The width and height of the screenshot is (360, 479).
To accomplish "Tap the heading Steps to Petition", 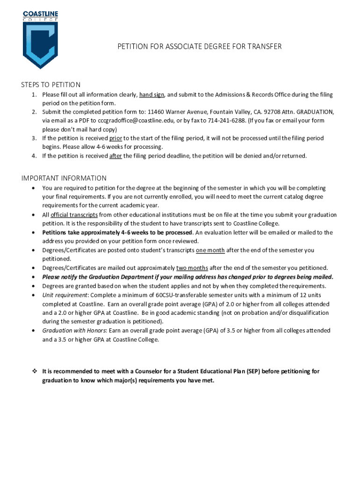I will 50,85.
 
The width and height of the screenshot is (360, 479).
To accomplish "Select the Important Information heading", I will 64,178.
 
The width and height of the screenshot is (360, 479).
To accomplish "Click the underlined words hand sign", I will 151,94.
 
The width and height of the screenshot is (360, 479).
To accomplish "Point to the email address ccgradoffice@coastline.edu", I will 128,121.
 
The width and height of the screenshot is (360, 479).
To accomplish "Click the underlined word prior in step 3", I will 115,138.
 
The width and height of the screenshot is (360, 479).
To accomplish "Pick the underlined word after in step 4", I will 115,156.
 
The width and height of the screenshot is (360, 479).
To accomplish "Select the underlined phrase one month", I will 210,250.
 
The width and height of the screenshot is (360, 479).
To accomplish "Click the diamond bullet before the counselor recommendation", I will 34,371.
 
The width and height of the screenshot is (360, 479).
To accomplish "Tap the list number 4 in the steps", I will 34,156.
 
